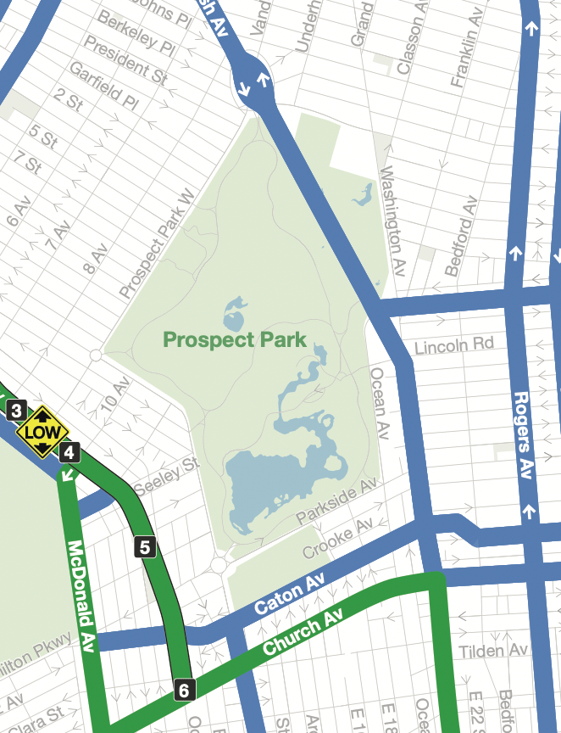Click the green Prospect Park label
233,340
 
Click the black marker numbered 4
69,452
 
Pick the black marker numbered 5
145,547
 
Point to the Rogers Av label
522,434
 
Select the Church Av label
303,632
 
